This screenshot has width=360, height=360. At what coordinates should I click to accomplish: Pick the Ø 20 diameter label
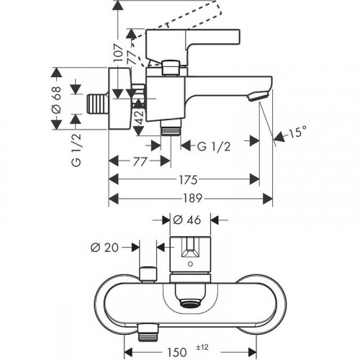(x=105, y=246)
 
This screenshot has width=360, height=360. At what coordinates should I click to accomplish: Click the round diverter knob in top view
(x=150, y=273)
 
